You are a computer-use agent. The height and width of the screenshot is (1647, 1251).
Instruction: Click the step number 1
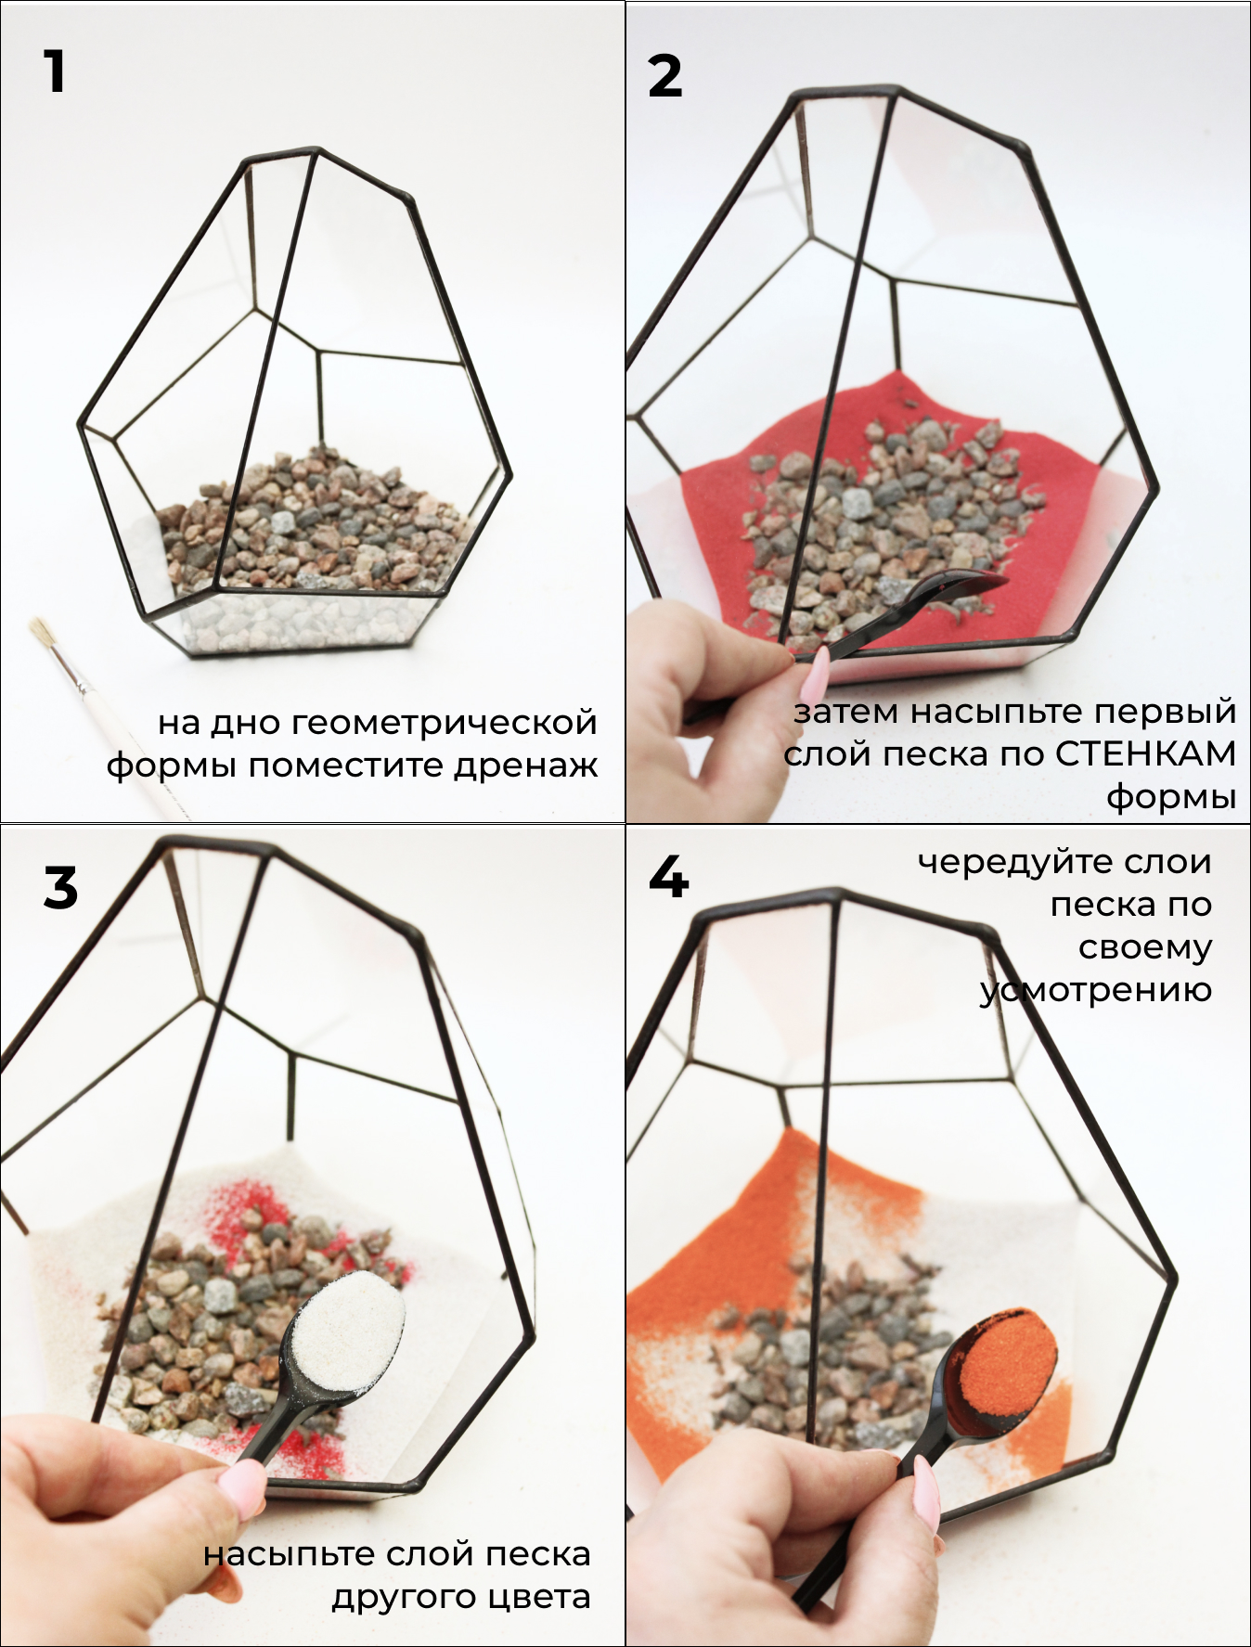[55, 71]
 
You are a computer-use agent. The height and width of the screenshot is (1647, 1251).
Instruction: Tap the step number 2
[664, 76]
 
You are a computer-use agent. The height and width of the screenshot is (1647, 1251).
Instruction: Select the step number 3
[60, 887]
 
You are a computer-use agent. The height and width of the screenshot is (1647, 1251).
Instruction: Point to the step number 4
[668, 877]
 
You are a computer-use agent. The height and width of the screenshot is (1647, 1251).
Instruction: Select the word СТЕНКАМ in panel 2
[1146, 753]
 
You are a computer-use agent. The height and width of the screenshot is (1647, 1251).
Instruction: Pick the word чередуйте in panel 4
[1008, 862]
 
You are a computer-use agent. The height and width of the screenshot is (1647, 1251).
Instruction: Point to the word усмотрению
[1096, 990]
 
